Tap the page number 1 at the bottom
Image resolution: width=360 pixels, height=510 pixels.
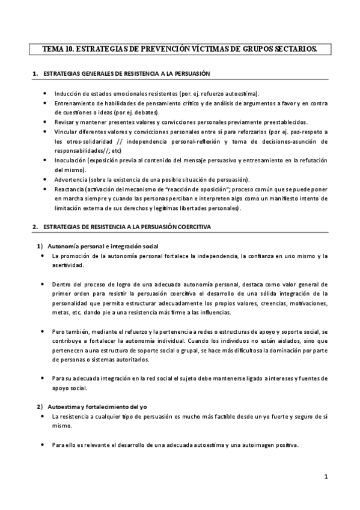325,477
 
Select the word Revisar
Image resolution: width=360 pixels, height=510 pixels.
64,122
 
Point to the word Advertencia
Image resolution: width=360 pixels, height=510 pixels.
70,180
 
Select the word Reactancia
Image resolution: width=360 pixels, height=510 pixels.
69,189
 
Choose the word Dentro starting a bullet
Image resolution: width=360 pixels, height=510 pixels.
63,284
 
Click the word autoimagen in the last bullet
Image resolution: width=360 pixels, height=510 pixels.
253,445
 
